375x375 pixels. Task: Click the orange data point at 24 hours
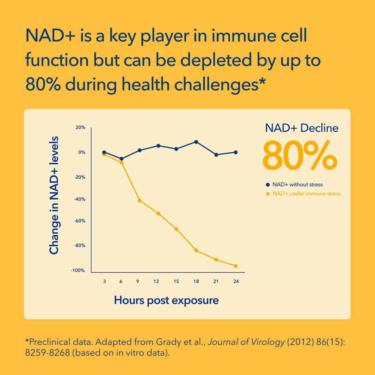(236, 266)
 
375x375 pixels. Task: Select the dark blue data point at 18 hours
(196, 142)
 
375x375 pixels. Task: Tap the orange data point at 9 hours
(139, 201)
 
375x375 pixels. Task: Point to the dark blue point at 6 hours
(122, 159)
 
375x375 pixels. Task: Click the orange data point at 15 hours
(176, 229)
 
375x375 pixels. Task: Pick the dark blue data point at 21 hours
(216, 155)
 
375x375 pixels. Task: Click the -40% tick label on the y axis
(80, 199)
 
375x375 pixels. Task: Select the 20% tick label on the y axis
(80, 128)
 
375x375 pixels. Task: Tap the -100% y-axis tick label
(78, 270)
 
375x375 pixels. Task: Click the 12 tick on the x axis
(156, 282)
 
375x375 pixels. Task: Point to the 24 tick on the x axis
(236, 282)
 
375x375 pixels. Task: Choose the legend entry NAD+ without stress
(297, 185)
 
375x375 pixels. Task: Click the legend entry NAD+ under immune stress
(306, 194)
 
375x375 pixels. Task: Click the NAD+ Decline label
(302, 128)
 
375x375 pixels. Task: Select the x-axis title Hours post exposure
(166, 300)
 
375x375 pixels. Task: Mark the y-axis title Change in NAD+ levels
(54, 195)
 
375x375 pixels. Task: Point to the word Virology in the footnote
(268, 342)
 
